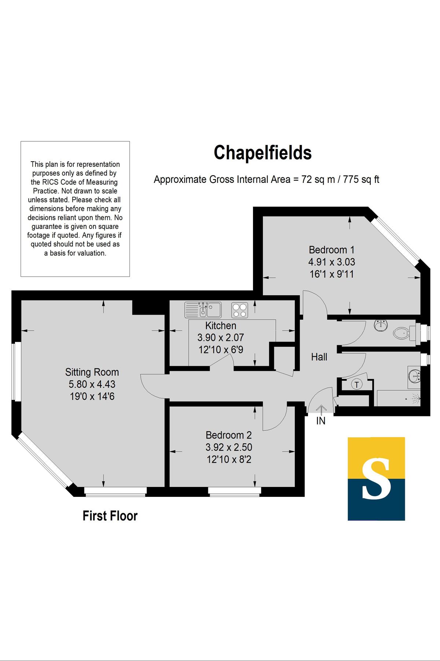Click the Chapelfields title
coord(263,153)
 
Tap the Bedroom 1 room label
coord(331,250)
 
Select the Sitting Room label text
coord(92,372)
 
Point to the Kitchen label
coord(220,326)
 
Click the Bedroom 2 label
coord(228,435)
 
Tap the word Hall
coord(319,357)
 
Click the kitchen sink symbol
coord(203,310)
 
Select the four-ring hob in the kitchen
coord(239,310)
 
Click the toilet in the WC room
coord(402,333)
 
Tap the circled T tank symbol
coord(356,384)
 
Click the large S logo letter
coord(376,479)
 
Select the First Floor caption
coord(110,516)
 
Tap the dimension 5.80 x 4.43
coord(92,384)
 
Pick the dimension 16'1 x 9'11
coord(331,274)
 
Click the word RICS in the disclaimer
coord(50,182)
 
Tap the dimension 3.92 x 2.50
coord(228,447)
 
